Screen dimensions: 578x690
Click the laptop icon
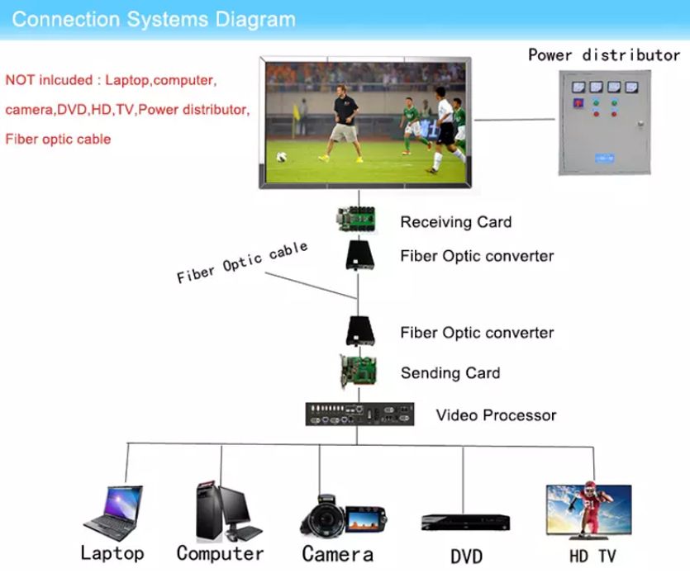[114, 513]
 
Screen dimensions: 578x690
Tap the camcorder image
[339, 516]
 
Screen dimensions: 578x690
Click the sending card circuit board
[359, 372]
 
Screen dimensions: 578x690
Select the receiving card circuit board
[359, 220]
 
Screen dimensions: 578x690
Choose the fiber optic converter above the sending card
[360, 331]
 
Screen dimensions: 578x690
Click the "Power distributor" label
[604, 55]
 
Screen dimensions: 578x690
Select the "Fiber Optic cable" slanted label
[242, 263]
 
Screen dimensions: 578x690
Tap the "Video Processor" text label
[496, 415]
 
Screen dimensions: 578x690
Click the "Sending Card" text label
[450, 373]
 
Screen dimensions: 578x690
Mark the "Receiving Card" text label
[455, 222]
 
